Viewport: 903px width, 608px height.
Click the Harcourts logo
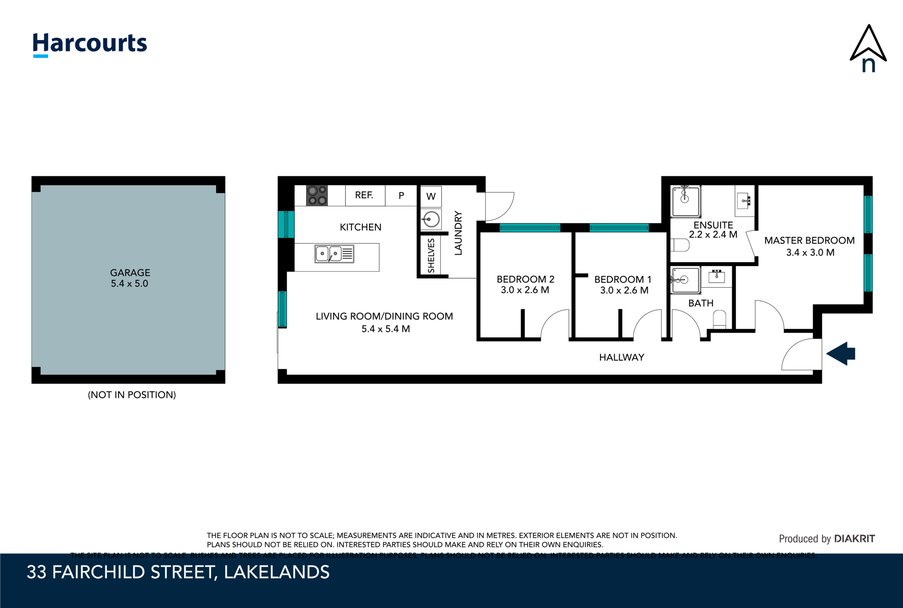[90, 44]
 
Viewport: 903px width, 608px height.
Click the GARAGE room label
[130, 273]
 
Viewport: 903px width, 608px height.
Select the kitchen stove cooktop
[317, 196]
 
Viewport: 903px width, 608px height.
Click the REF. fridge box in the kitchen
[365, 196]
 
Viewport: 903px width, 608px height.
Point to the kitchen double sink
[334, 254]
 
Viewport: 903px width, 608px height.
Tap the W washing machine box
[431, 196]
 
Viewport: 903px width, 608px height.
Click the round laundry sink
[431, 219]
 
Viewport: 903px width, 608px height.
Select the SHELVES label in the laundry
[431, 256]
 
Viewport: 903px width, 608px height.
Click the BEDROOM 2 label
[525, 279]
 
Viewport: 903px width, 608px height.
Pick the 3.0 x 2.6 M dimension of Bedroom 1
[624, 290]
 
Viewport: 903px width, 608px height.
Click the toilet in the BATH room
[719, 319]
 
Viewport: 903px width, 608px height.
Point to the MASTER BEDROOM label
[809, 241]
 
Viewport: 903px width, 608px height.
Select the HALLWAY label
[622, 357]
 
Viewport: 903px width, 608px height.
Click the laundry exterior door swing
[499, 206]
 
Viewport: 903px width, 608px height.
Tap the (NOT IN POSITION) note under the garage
[132, 395]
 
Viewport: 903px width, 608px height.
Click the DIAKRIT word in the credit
[854, 538]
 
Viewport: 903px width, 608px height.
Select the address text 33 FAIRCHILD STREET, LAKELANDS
[178, 572]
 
